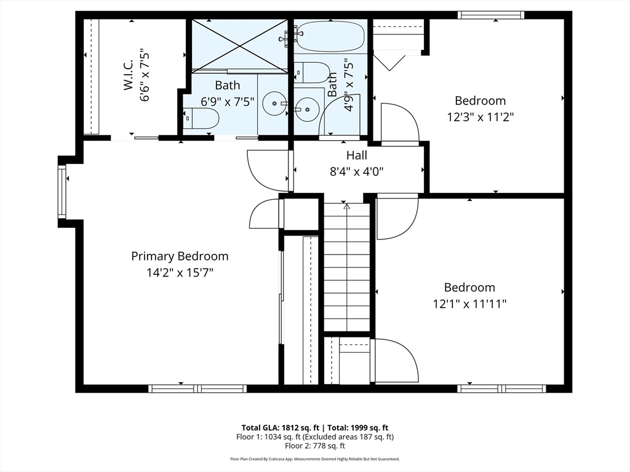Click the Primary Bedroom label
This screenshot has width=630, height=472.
point(180,256)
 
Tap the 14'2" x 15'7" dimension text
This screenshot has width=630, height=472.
point(180,273)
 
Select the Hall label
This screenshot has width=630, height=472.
point(357,155)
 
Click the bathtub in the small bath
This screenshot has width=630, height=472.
point(330,36)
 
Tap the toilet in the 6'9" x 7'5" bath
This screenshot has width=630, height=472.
point(201,119)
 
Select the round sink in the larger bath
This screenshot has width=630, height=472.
point(275,103)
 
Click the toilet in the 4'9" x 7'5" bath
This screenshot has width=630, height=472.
point(312,73)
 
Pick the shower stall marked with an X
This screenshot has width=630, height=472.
point(239,45)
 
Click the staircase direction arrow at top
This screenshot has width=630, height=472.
point(347,206)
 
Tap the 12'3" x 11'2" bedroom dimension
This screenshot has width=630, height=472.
point(480,117)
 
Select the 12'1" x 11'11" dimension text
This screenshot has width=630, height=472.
point(469,304)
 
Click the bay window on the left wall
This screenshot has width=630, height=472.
point(62,192)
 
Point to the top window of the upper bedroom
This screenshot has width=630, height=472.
point(491,15)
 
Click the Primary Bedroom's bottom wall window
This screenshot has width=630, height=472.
point(197,388)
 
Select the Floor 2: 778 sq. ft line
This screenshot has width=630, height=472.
point(315,446)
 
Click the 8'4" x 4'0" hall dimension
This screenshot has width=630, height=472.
point(357,172)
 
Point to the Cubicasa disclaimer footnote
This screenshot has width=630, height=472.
point(315,458)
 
